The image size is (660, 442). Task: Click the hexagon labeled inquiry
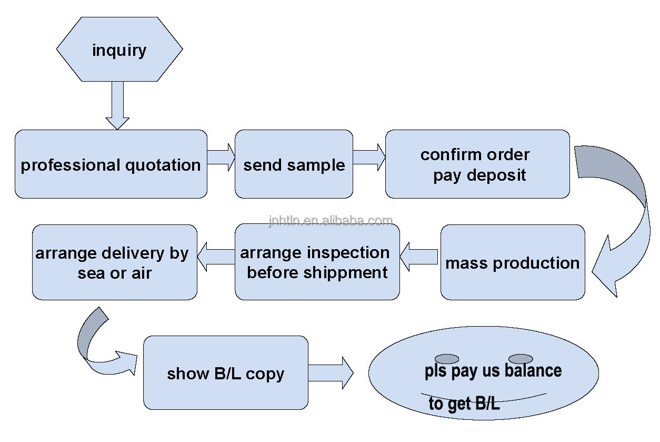click(119, 50)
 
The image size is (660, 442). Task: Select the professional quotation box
click(111, 164)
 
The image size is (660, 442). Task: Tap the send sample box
click(294, 164)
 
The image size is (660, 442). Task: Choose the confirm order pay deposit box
click(477, 164)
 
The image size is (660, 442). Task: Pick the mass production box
click(512, 262)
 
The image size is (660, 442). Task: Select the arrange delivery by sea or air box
click(114, 262)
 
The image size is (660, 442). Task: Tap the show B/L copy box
click(225, 373)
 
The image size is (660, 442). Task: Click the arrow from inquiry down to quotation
click(117, 105)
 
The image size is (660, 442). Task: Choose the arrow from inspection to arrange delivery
click(216, 257)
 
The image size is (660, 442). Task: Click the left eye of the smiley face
click(447, 359)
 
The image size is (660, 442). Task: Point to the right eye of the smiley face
click(521, 359)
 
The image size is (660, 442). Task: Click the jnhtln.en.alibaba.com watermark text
click(331, 221)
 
